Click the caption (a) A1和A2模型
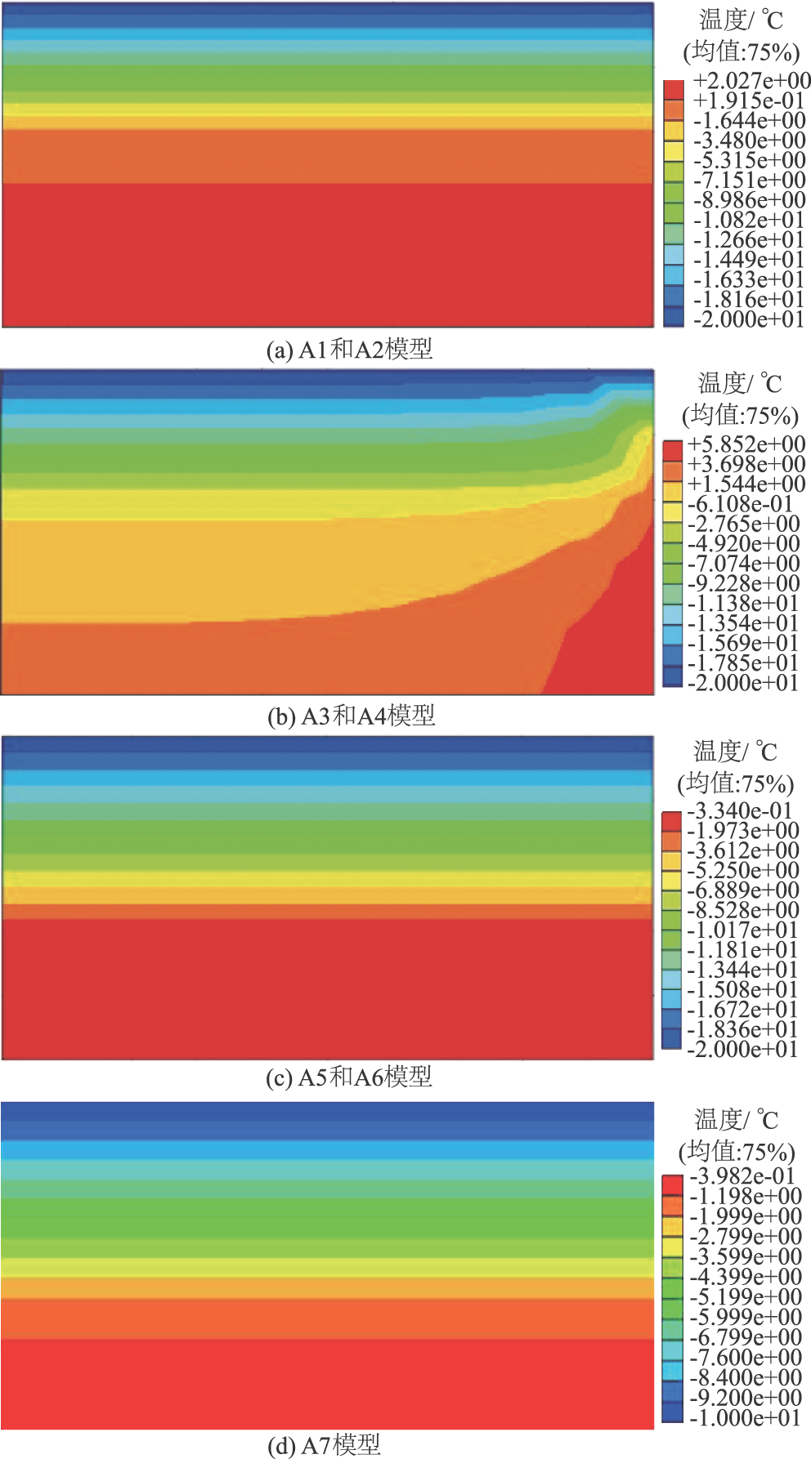pos(349,350)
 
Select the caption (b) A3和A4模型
pos(352,716)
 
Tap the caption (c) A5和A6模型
pos(349,1078)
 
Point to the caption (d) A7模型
pos(325,1445)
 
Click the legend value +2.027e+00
pos(751,81)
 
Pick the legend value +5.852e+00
pos(746,444)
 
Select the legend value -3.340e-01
pos(740,811)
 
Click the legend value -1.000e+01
pos(745,1417)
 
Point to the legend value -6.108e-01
pos(740,504)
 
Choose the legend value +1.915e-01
pos(749,100)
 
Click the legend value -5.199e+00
pos(745,1297)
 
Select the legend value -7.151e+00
pos(749,181)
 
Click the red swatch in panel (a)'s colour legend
pos(674,89)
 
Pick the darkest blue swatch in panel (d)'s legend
pos(672,1412)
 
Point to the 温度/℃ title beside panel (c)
pos(736,751)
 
